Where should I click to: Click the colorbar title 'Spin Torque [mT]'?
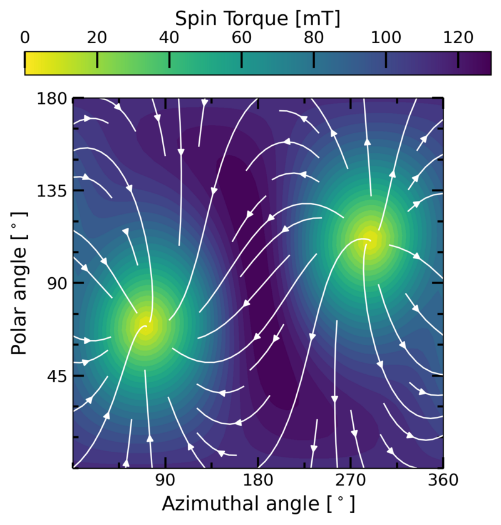(258, 18)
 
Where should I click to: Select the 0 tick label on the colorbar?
(25, 38)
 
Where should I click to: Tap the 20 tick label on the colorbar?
(97, 38)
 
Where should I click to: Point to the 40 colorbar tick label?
(169, 38)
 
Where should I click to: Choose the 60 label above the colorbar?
(242, 38)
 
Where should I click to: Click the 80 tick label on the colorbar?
(314, 38)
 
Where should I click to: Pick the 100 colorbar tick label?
(386, 38)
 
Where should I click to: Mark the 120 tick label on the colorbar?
(458, 38)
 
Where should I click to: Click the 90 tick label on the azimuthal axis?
(165, 481)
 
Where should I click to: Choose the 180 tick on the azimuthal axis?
(258, 481)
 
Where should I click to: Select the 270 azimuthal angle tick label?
(351, 481)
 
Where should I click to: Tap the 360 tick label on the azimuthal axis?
(443, 481)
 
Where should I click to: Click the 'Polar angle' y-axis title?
(20, 283)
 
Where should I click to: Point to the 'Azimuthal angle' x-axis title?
(258, 504)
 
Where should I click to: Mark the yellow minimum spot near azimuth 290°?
(369, 238)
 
